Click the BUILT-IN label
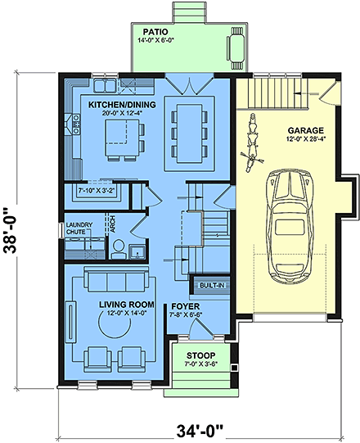tap(209, 286)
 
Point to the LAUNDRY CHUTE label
tap(79, 228)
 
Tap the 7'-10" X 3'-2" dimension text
tap(96, 191)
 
